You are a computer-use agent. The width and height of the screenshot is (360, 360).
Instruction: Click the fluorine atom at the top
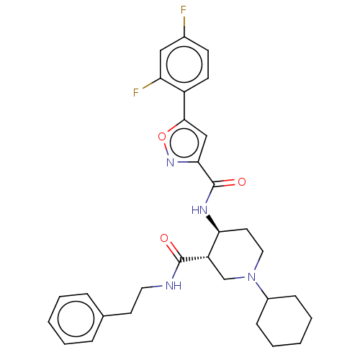point(184,10)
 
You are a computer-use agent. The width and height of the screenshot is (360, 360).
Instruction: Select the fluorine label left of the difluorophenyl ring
point(136,92)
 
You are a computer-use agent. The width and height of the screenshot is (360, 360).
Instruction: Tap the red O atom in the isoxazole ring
point(162,137)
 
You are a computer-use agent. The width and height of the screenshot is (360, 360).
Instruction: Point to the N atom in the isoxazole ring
point(170,163)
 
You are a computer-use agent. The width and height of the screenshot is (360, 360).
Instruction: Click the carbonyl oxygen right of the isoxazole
point(242,182)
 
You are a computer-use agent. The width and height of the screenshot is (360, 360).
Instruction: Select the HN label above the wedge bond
point(199,210)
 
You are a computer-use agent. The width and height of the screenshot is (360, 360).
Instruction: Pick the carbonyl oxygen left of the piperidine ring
point(164,238)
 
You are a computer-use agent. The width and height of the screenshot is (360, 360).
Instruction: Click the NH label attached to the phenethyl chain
point(174,286)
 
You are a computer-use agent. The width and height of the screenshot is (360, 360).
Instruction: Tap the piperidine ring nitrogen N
point(252,277)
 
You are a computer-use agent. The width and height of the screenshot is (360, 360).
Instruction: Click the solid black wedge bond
point(213,224)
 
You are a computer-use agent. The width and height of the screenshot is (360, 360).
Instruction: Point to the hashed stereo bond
point(194,259)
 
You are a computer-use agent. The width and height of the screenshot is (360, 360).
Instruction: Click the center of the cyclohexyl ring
point(284,321)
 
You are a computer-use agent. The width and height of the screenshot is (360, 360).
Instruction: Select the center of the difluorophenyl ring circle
point(184,65)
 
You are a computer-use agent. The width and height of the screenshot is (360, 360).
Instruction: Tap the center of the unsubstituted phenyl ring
point(76,318)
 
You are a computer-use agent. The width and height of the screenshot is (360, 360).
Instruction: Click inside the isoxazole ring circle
point(184,143)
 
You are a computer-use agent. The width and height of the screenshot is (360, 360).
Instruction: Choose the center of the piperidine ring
point(236,255)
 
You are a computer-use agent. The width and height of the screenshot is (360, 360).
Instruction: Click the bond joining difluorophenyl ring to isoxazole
point(184,106)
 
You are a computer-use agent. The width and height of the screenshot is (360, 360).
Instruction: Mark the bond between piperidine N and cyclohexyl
point(261,290)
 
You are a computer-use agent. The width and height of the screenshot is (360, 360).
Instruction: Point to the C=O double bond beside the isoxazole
point(224,183)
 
